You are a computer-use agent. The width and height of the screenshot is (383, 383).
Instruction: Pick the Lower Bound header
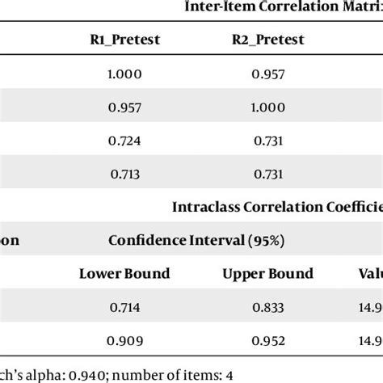[x=124, y=273]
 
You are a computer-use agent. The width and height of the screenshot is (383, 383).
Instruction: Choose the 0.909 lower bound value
[x=124, y=340]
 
